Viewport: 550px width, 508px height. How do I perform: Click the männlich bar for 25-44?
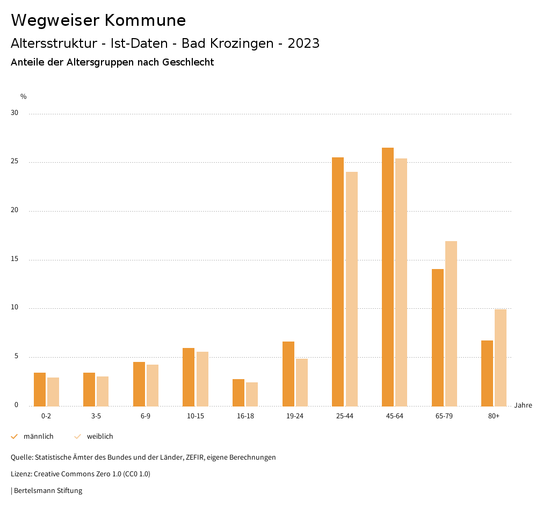[x=338, y=281]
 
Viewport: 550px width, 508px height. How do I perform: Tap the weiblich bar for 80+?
[x=501, y=358]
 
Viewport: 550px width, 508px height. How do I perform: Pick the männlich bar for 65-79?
[x=438, y=337]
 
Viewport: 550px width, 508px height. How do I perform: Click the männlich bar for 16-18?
[x=238, y=393]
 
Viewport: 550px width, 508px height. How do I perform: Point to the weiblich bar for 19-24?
[x=302, y=382]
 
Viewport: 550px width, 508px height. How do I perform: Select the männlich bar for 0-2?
[x=40, y=389]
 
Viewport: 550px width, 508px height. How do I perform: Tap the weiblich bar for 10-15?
[x=202, y=379]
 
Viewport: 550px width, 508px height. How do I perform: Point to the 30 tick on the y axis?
[x=15, y=113]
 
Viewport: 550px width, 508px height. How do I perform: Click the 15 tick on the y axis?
[x=15, y=259]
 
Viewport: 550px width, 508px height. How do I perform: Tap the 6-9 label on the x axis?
[x=146, y=416]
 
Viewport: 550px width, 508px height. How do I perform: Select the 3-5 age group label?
[x=96, y=416]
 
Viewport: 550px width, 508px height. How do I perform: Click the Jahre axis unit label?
[x=523, y=405]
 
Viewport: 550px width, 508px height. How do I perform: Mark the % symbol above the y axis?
[x=24, y=97]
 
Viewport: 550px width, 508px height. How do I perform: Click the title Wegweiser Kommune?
[x=98, y=20]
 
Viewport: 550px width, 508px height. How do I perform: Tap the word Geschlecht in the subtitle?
[x=187, y=62]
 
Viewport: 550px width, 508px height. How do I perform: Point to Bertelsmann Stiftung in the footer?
[x=48, y=490]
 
